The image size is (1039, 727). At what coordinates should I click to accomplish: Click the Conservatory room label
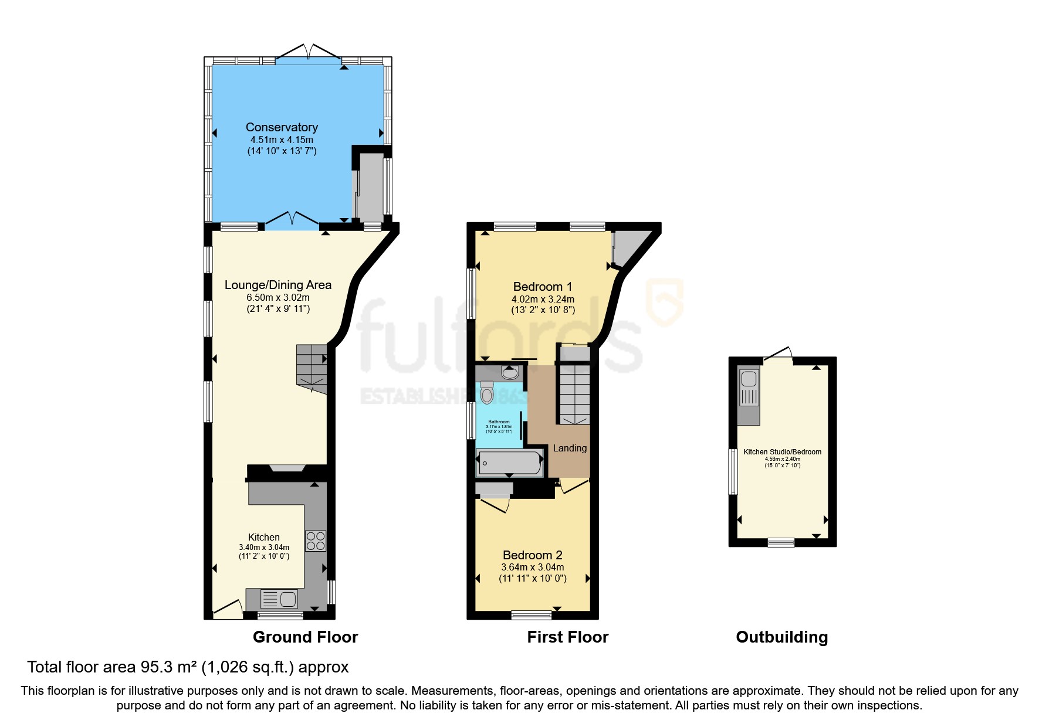click(x=282, y=127)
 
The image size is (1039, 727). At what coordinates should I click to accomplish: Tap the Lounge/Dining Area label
click(x=277, y=285)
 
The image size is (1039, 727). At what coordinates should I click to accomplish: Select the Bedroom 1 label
click(x=542, y=287)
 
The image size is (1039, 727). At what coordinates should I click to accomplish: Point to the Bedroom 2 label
click(x=532, y=555)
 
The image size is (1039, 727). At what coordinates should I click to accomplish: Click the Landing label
click(x=570, y=449)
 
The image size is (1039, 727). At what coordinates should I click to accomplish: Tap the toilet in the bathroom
click(x=487, y=392)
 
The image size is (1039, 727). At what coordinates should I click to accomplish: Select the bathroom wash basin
click(x=510, y=372)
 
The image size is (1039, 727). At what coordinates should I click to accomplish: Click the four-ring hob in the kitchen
click(x=316, y=541)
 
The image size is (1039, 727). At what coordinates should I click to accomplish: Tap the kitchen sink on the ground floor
click(x=280, y=599)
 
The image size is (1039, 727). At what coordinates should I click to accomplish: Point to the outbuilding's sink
click(x=749, y=388)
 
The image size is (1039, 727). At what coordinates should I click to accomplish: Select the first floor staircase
click(x=574, y=393)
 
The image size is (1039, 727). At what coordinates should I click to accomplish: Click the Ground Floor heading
click(x=305, y=637)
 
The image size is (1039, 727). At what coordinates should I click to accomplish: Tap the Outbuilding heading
click(x=781, y=637)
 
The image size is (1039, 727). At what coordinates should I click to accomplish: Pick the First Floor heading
click(x=567, y=637)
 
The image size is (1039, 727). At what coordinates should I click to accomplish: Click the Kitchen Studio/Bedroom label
click(x=782, y=452)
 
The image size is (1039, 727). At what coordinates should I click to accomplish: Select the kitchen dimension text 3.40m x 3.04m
click(x=264, y=548)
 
